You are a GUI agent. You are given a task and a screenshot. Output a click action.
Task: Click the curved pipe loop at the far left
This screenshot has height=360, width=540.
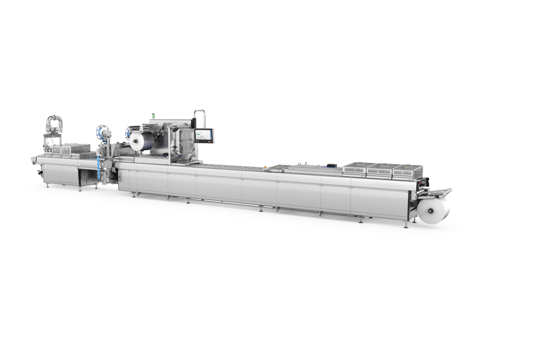point(55,123)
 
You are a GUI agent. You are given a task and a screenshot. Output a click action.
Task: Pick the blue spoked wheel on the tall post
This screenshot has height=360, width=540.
point(102,131)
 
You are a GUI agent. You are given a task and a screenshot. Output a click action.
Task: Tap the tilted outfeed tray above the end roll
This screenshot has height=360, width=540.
point(439,193)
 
